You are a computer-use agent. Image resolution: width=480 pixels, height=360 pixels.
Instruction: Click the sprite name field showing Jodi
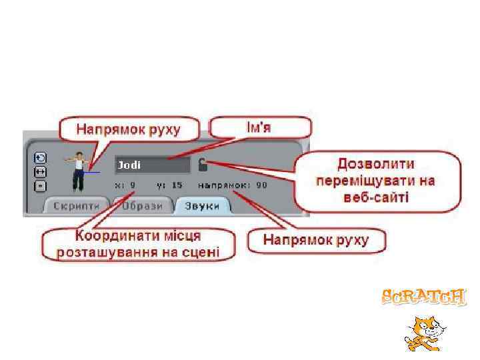pos(153,165)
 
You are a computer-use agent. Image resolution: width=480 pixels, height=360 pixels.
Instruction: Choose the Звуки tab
pos(202,205)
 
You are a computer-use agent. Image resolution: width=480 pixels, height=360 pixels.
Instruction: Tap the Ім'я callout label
pos(261,127)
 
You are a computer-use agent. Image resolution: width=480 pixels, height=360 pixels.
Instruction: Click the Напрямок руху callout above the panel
pos(128,129)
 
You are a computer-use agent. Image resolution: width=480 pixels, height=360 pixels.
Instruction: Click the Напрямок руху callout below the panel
pos(316,240)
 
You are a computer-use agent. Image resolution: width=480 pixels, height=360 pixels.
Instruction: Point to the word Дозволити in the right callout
pos(375,164)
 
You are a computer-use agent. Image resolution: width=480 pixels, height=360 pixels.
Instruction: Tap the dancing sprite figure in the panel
pos(80,170)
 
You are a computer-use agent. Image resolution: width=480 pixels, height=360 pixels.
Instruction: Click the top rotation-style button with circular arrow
pos(41,158)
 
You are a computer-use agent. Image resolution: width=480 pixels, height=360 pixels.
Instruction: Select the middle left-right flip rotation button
pos(41,171)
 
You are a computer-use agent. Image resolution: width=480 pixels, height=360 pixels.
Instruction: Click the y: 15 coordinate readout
pos(169,185)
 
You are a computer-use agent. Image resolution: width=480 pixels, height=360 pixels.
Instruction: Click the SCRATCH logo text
pos(424,297)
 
